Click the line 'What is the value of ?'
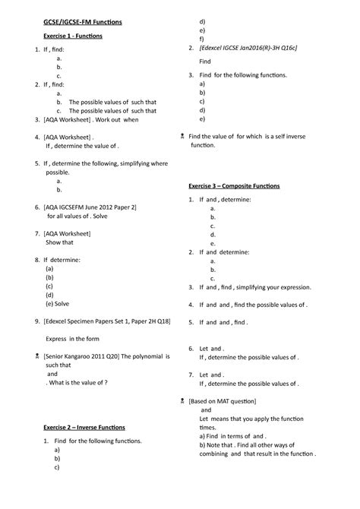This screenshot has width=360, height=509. (x=82, y=383)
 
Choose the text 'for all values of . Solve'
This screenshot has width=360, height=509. (x=82, y=216)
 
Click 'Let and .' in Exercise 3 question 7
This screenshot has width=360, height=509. (x=211, y=375)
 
